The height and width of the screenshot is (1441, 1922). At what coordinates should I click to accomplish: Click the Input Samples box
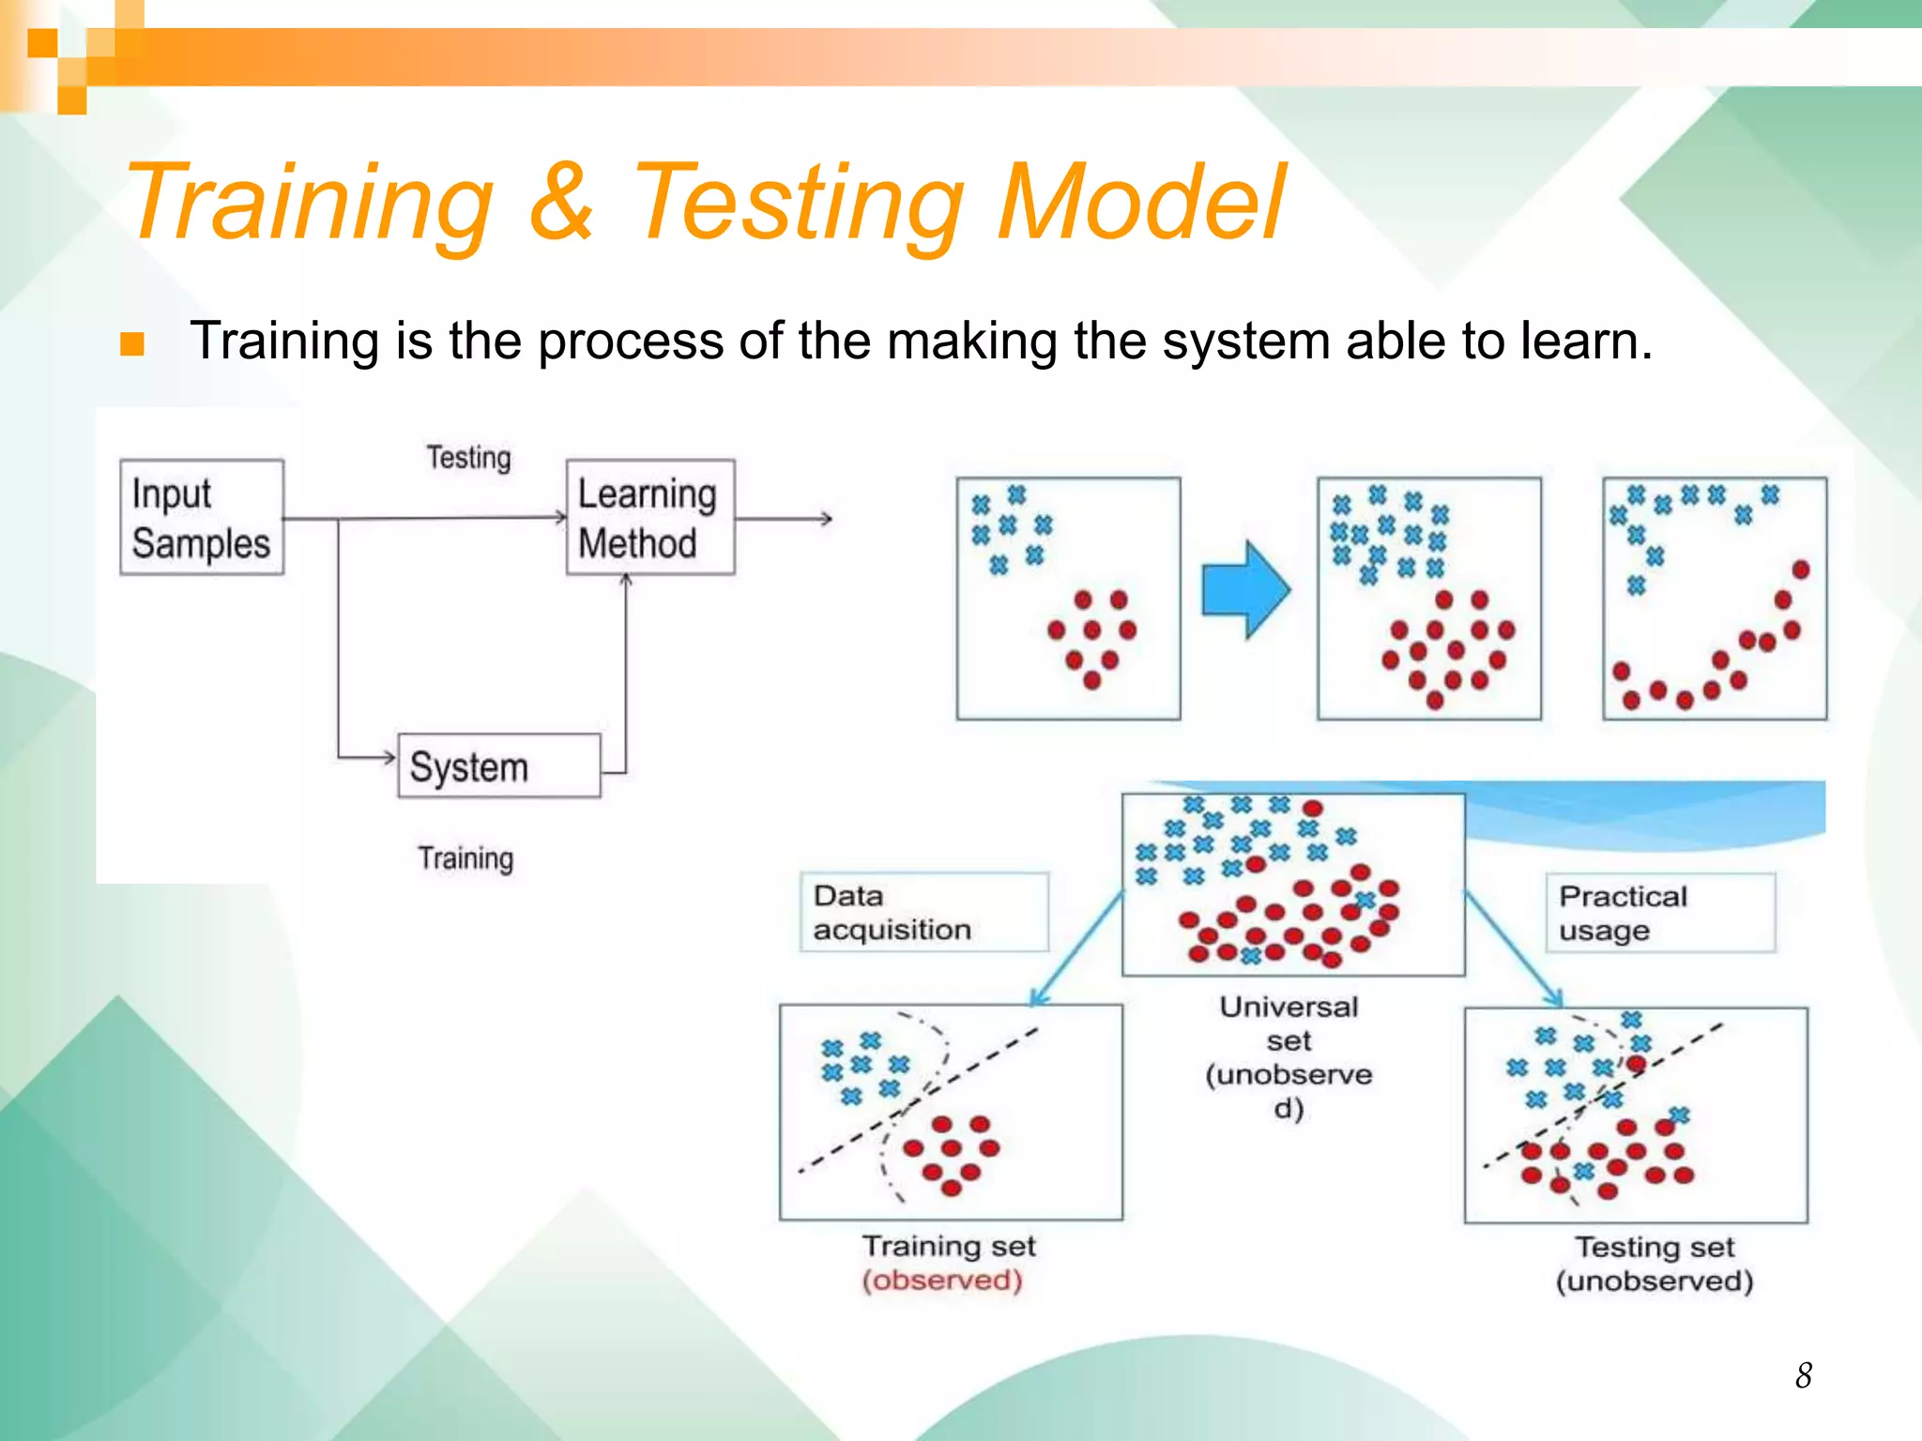(x=201, y=518)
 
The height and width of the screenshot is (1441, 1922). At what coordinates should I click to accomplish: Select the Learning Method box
(x=649, y=518)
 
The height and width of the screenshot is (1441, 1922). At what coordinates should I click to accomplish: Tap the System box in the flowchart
(x=498, y=766)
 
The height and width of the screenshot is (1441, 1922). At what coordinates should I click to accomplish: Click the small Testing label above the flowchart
(x=468, y=458)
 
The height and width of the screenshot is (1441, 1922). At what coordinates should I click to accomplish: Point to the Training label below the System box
(x=465, y=858)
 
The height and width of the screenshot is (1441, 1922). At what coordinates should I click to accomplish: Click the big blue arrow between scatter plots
(x=1245, y=590)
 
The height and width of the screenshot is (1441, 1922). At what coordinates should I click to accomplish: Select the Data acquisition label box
(x=923, y=913)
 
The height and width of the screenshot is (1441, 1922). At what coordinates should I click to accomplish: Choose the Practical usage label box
(x=1659, y=913)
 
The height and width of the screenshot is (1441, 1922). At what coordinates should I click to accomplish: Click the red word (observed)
(x=942, y=1281)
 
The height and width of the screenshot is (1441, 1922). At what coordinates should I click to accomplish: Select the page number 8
(x=1803, y=1376)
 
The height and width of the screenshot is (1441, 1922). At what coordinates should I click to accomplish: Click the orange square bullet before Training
(x=132, y=344)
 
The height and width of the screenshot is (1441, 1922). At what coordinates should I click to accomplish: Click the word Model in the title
(x=1140, y=202)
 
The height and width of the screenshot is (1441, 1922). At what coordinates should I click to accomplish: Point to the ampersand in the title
(x=561, y=202)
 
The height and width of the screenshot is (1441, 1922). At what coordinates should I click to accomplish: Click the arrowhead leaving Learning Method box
(x=826, y=518)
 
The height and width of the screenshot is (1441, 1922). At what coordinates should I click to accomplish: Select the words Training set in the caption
(x=948, y=1246)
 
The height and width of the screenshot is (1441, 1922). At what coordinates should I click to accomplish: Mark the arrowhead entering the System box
(x=389, y=757)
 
